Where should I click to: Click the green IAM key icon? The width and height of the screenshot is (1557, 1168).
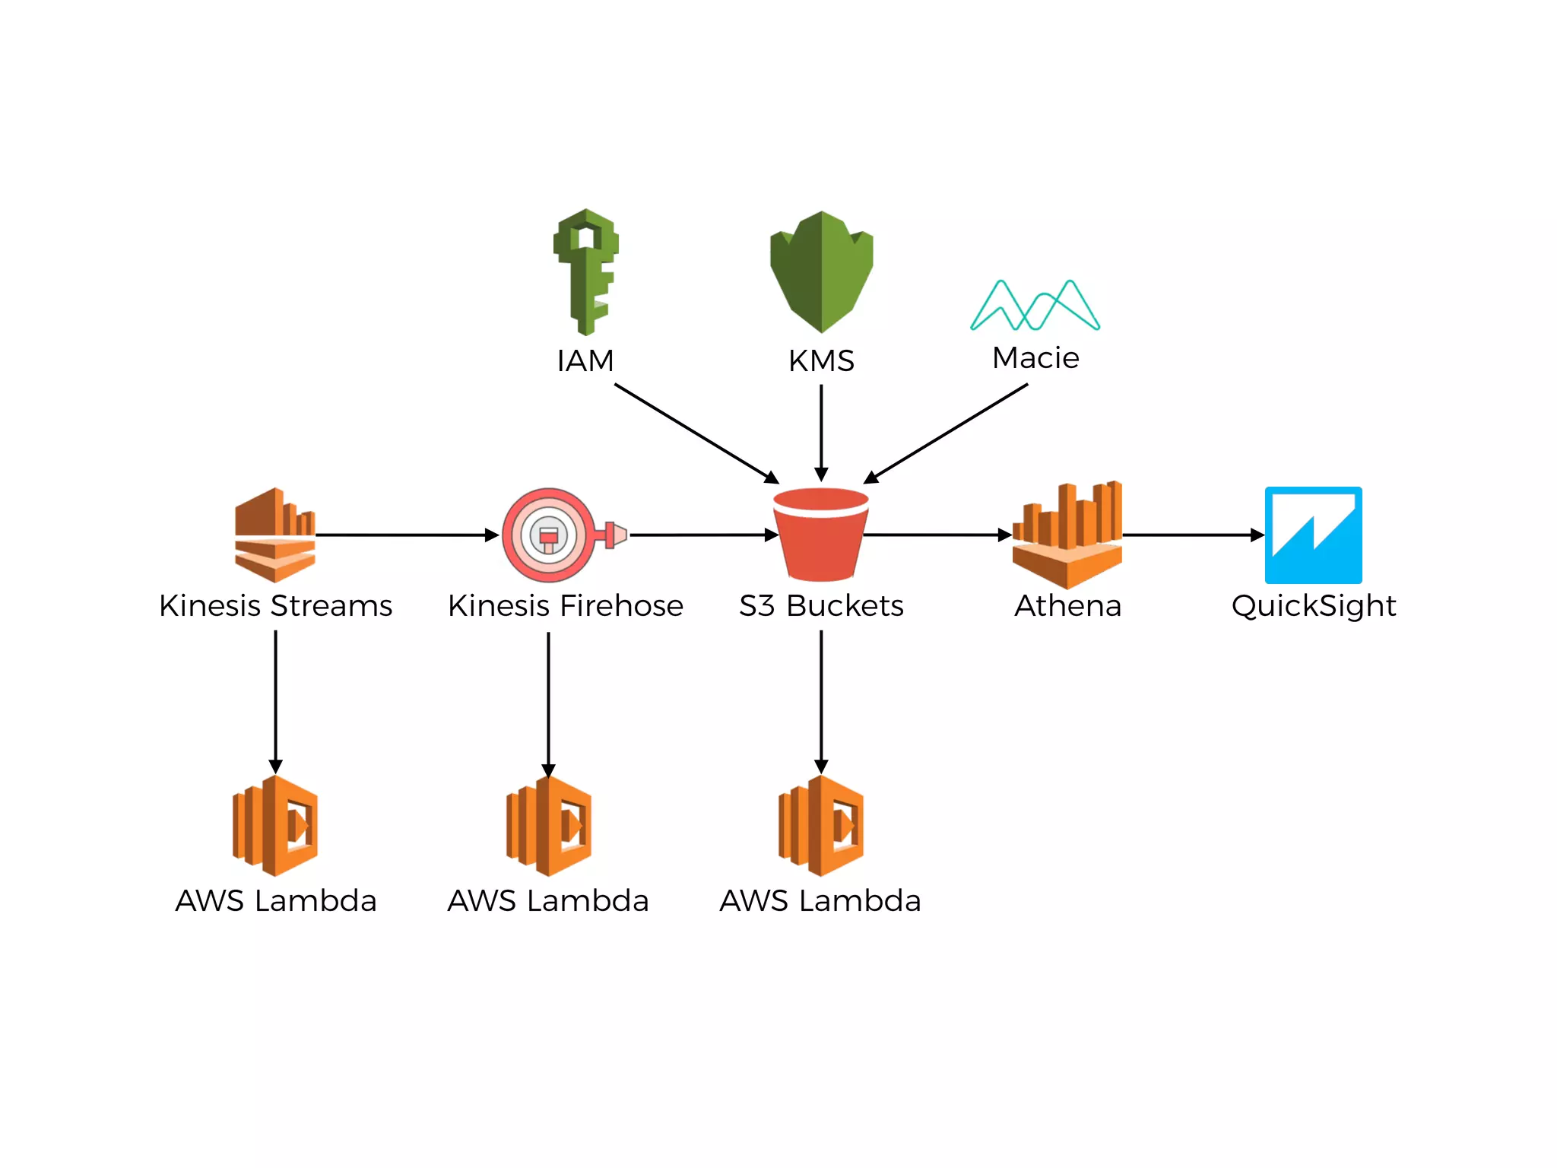[585, 271]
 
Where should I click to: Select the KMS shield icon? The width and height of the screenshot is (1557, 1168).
[821, 272]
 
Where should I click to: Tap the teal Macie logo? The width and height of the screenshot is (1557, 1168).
[1035, 306]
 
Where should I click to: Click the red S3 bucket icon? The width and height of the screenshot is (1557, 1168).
[821, 535]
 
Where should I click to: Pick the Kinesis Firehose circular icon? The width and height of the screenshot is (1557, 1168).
[550, 535]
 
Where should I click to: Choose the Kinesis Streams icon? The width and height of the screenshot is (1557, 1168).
[274, 535]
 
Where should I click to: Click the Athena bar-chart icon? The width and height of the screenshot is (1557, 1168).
[1067, 535]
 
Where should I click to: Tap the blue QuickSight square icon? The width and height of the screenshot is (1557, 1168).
[1313, 535]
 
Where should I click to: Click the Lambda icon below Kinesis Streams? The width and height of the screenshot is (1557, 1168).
[275, 826]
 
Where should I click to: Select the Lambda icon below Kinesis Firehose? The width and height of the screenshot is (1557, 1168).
[549, 826]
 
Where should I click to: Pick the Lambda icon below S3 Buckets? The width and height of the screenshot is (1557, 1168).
[821, 826]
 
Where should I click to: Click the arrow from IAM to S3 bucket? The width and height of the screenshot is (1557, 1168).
[696, 433]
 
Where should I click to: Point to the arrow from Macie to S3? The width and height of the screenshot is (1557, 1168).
[947, 433]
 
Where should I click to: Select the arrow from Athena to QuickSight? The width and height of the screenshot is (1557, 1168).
[1192, 535]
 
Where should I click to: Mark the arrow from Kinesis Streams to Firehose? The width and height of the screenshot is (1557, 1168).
[407, 535]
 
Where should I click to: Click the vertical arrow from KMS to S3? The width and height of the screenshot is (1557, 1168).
[821, 432]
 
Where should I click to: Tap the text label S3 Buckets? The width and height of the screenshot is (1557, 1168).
[821, 606]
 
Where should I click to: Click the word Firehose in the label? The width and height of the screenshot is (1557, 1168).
[622, 606]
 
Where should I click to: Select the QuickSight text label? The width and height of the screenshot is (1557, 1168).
[1313, 606]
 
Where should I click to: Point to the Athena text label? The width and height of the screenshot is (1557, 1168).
[1067, 606]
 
